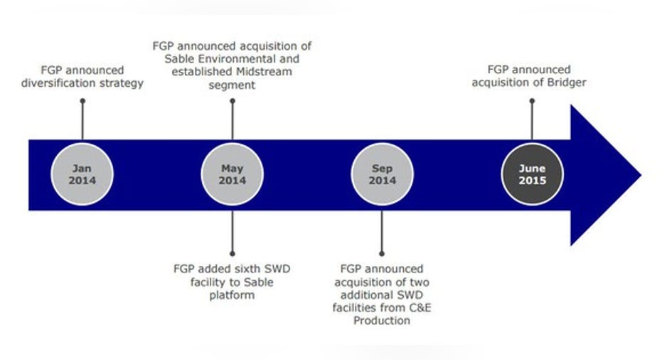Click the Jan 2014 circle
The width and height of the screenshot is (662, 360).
[x=82, y=174]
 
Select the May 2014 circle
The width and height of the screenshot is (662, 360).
[x=233, y=174]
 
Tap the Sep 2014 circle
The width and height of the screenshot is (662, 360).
[x=382, y=174]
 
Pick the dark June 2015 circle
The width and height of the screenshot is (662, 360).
[x=532, y=174]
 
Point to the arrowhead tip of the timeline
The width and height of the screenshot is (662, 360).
[x=641, y=175]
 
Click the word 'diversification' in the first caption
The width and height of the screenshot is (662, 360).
[x=58, y=83]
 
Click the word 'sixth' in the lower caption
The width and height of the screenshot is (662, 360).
[x=245, y=269]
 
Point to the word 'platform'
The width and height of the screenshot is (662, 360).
[x=232, y=295]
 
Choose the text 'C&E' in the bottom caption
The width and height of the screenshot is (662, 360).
[x=420, y=307]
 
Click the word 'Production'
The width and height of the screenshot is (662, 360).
[x=382, y=321]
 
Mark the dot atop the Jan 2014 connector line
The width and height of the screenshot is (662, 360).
[x=82, y=101]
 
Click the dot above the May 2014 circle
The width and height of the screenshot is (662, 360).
[x=233, y=101]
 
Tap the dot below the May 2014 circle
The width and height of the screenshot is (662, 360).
[x=233, y=253]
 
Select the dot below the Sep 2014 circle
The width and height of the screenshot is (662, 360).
[x=382, y=253]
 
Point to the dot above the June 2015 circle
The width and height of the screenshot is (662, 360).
[x=532, y=101]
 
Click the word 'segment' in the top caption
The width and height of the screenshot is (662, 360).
[x=232, y=85]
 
